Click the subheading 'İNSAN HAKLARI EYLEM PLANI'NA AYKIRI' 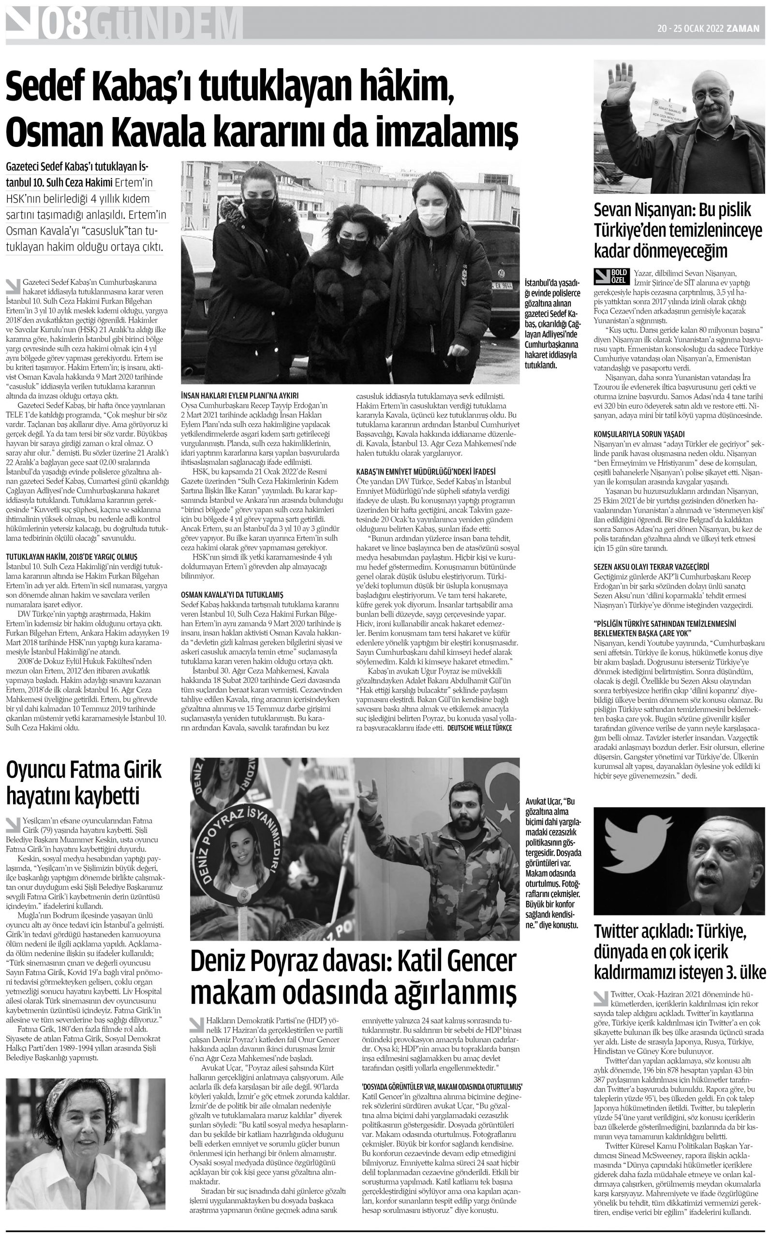[x=239, y=396]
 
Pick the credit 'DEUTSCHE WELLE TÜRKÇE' [x=479, y=728]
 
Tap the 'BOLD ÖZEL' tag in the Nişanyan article [x=612, y=277]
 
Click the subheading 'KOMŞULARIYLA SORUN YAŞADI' [x=638, y=434]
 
